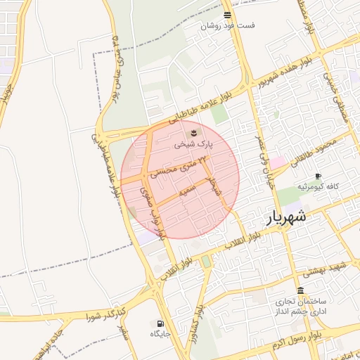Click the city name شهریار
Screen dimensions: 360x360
point(287,217)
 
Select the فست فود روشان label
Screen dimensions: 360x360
point(227,25)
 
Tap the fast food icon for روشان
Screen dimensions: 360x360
point(226,14)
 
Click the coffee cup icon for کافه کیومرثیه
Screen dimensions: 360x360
point(318,176)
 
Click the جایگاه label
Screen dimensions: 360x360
point(160,334)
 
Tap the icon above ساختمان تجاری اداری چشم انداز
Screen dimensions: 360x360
point(300,290)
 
